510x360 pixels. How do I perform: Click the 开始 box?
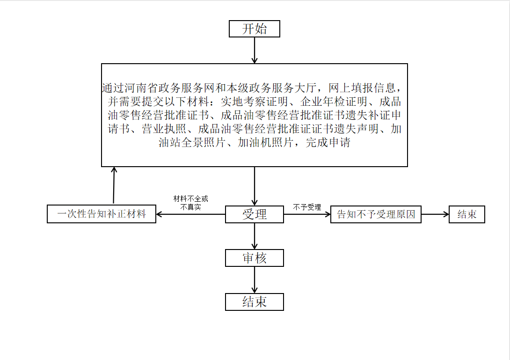pyautogui.click(x=255, y=29)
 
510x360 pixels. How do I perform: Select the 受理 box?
pyautogui.click(x=255, y=214)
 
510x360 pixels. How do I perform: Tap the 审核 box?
pyautogui.click(x=255, y=258)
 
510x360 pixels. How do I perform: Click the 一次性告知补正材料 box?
pyautogui.click(x=102, y=214)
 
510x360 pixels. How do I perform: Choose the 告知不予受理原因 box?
pyautogui.click(x=376, y=214)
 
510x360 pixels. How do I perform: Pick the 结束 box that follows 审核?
pyautogui.click(x=255, y=302)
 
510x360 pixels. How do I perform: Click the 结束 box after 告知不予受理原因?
pyautogui.click(x=467, y=214)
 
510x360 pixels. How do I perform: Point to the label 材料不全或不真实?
pyautogui.click(x=190, y=203)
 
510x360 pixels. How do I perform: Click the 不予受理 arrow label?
pyautogui.click(x=307, y=207)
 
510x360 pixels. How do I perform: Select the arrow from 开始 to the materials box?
pyautogui.click(x=255, y=50)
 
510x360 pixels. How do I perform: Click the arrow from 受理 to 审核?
pyautogui.click(x=255, y=236)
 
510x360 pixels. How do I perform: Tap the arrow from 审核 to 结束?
pyautogui.click(x=255, y=280)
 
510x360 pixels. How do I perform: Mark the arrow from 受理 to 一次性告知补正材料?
pyautogui.click(x=190, y=214)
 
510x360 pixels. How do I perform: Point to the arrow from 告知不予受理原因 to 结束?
pyautogui.click(x=435, y=214)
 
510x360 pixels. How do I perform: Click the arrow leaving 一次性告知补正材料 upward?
pyautogui.click(x=114, y=185)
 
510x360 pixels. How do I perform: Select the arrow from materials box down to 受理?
pyautogui.click(x=255, y=186)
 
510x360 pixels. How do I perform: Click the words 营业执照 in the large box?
pyautogui.click(x=164, y=129)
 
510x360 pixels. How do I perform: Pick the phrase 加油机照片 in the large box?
pyautogui.click(x=265, y=143)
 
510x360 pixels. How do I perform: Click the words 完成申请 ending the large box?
pyautogui.click(x=328, y=143)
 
